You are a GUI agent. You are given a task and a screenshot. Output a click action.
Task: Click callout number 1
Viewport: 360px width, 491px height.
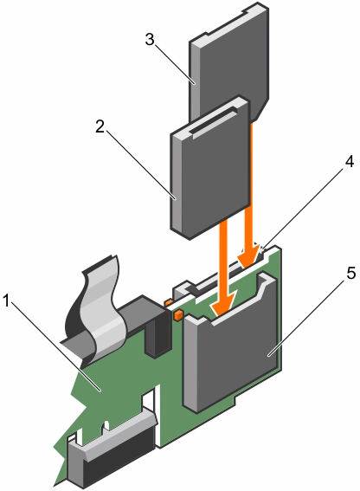[x=6, y=301]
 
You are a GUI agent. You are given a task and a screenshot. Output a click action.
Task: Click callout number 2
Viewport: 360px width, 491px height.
[x=100, y=126]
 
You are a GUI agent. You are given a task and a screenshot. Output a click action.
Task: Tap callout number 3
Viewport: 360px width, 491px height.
[x=150, y=40]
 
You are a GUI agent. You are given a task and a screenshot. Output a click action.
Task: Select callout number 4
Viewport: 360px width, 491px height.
[x=350, y=162]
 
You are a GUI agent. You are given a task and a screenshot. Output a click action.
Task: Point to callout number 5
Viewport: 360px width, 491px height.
[x=350, y=273]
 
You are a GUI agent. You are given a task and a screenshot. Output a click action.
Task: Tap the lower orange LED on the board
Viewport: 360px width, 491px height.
[x=177, y=314]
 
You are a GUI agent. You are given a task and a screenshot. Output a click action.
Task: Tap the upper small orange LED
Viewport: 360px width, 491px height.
[x=168, y=302]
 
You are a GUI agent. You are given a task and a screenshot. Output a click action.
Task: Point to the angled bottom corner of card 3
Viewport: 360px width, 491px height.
[x=260, y=110]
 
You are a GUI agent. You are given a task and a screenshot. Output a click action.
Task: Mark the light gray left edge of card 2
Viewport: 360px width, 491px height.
[x=176, y=184]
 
